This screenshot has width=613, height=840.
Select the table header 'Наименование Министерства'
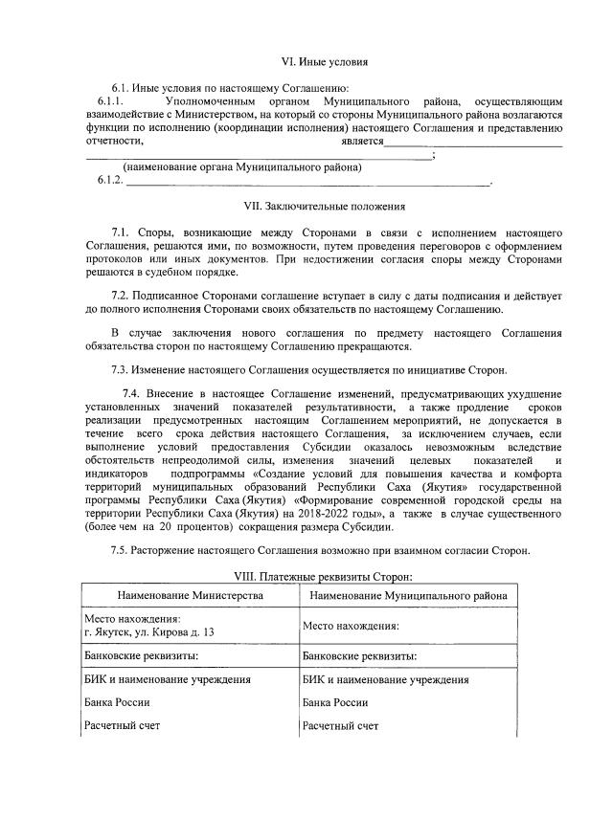pos(190,595)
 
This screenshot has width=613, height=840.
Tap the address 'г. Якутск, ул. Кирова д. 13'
pos(148,632)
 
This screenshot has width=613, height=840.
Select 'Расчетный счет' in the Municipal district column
pos(340,725)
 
